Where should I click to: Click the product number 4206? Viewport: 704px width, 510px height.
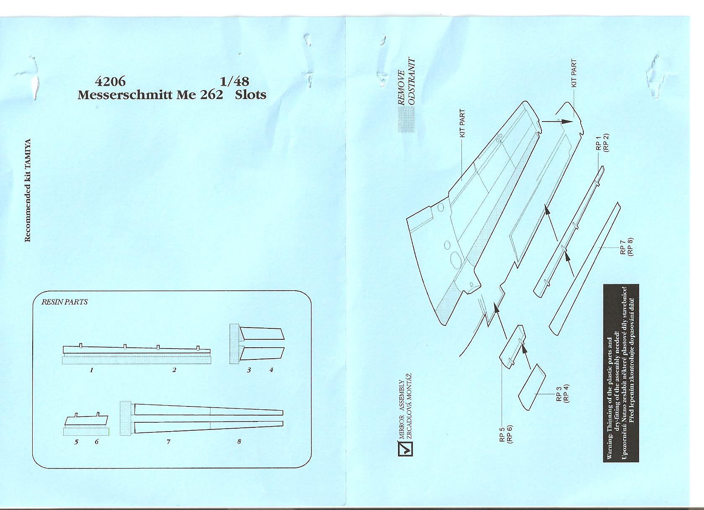point(110,81)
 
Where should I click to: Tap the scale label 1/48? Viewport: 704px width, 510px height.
point(235,81)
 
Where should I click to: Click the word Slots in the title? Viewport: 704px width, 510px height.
point(251,95)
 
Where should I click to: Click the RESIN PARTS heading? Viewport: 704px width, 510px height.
point(65,302)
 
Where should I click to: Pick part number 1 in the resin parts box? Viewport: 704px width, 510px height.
point(91,370)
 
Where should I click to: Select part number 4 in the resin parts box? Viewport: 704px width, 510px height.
point(271,370)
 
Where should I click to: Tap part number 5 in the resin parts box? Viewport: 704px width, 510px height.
point(76,442)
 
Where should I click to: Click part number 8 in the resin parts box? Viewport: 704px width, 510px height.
point(239,441)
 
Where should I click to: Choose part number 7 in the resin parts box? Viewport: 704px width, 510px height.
point(168,442)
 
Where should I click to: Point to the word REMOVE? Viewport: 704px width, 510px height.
point(401,88)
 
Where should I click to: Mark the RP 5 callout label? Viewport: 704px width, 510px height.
point(502,435)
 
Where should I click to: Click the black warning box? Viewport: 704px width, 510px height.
point(621,373)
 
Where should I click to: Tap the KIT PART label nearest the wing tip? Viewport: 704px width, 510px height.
point(574,73)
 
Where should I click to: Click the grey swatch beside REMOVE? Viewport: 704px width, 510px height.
point(406,119)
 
